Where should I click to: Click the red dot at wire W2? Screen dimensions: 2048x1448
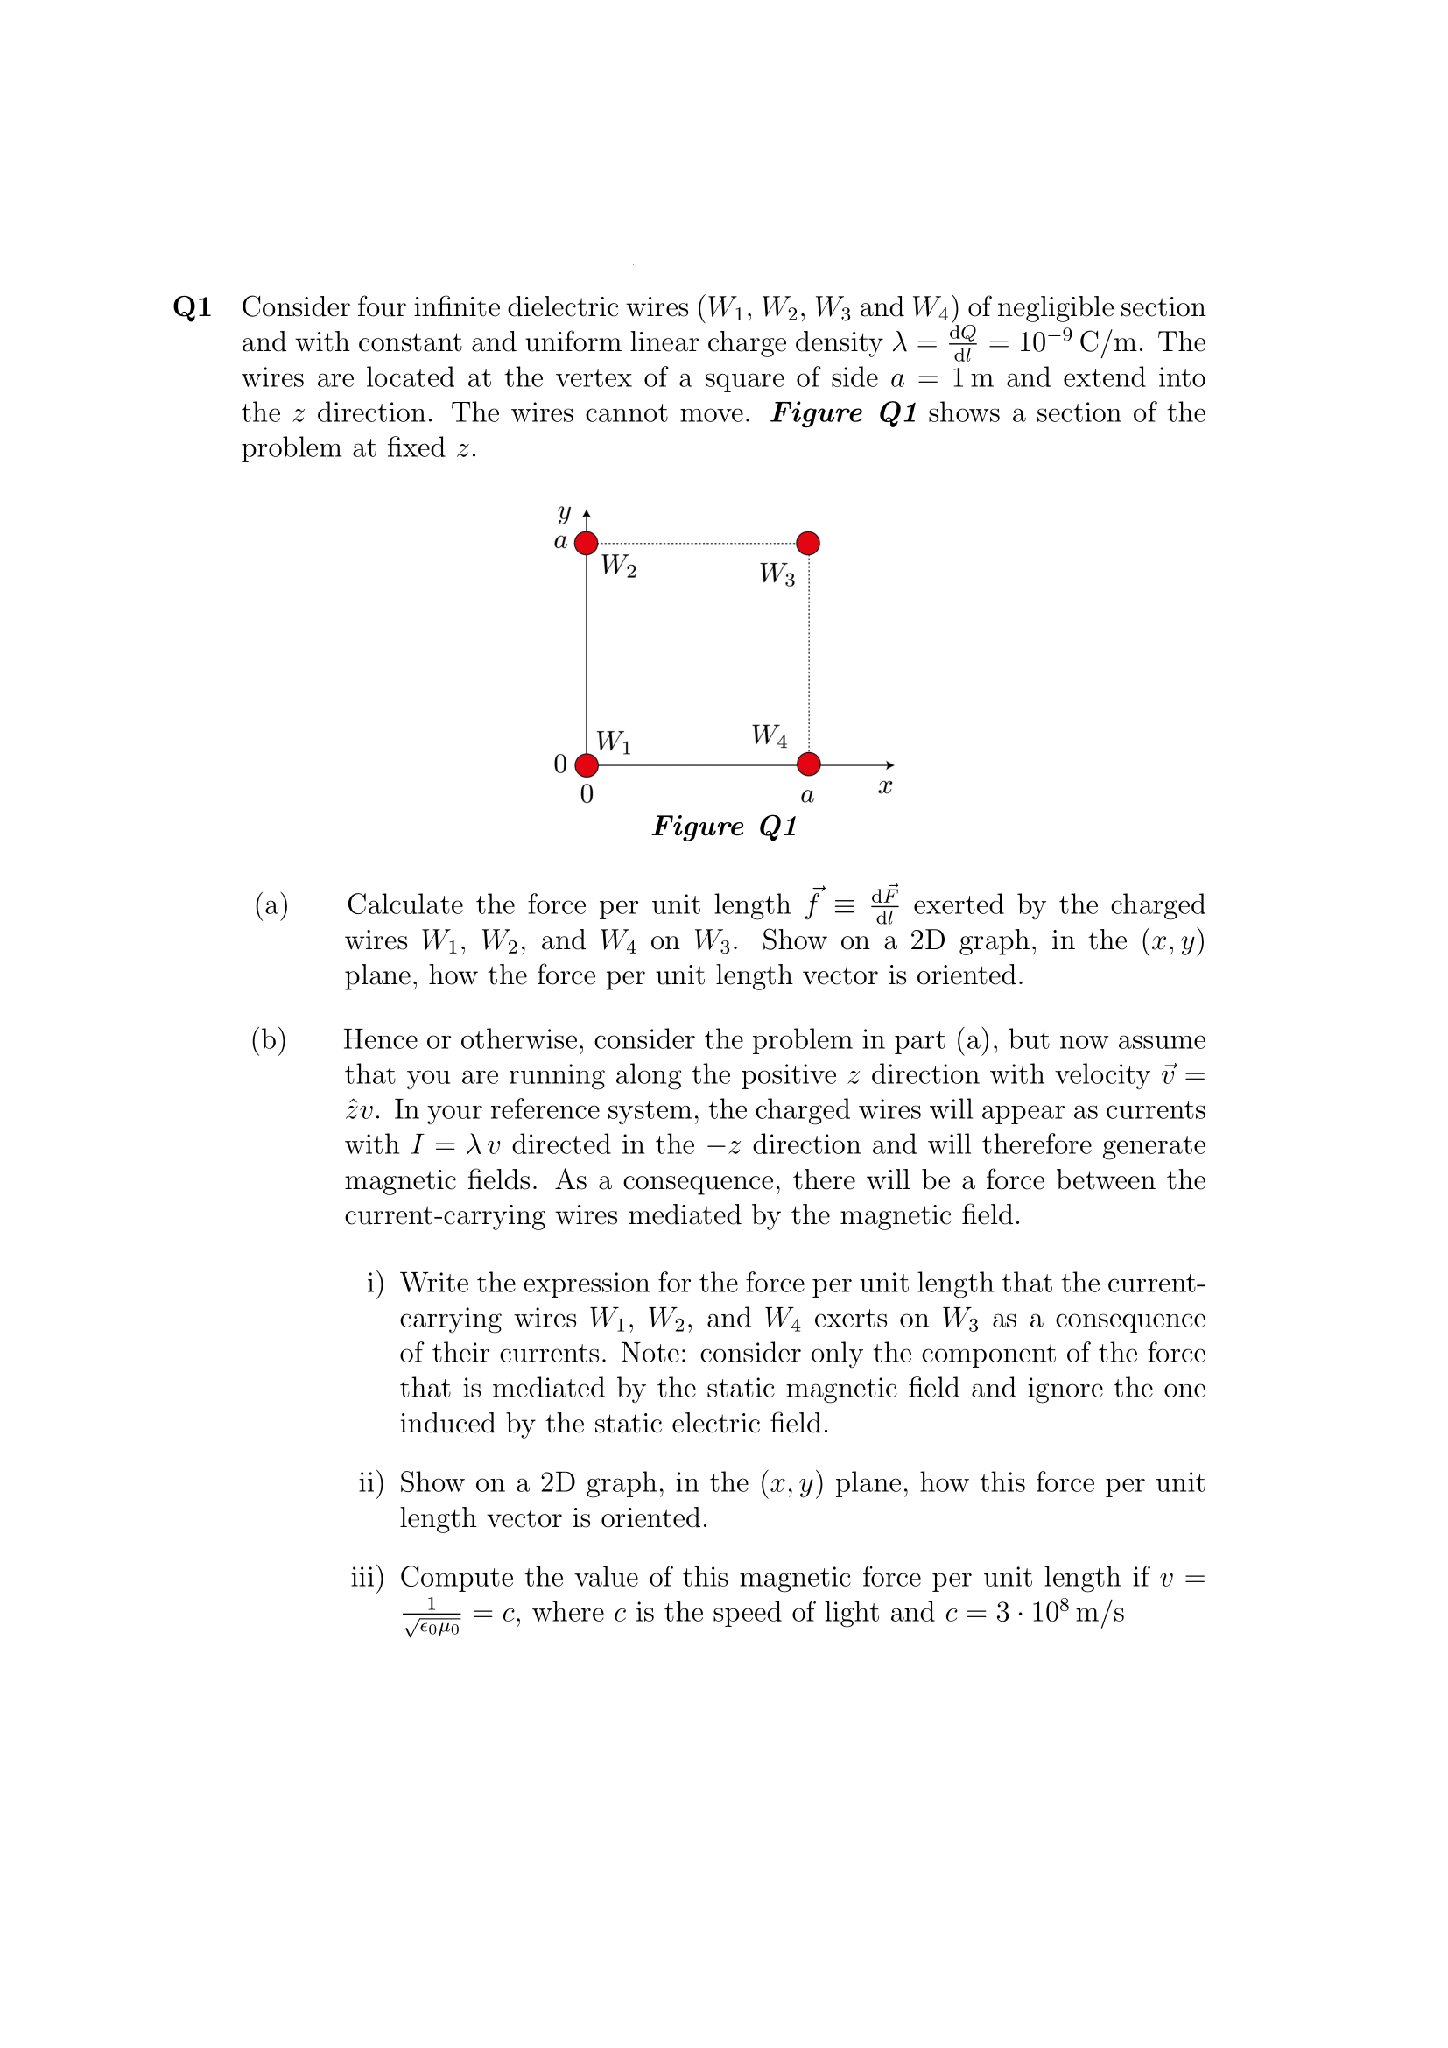click(x=586, y=543)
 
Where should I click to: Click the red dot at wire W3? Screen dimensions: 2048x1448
click(x=808, y=543)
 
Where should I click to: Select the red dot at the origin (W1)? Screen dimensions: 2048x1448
click(x=586, y=765)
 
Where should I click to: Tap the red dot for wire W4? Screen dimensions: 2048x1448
click(x=808, y=765)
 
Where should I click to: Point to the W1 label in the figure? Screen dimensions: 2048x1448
click(x=614, y=742)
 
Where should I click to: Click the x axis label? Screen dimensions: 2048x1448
click(x=884, y=788)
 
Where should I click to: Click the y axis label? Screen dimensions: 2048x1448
click(x=563, y=514)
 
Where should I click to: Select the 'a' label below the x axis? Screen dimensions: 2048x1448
click(x=807, y=795)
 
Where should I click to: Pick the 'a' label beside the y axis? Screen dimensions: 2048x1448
click(x=561, y=541)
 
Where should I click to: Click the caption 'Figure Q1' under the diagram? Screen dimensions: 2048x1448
click(x=724, y=827)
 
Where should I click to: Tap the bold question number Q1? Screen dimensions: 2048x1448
click(x=193, y=307)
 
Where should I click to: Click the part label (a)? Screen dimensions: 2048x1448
click(x=272, y=905)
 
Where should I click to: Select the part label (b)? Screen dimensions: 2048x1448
click(x=270, y=1040)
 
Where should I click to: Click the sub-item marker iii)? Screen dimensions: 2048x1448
click(x=368, y=1578)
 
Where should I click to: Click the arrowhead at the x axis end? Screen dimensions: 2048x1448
click(x=888, y=765)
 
